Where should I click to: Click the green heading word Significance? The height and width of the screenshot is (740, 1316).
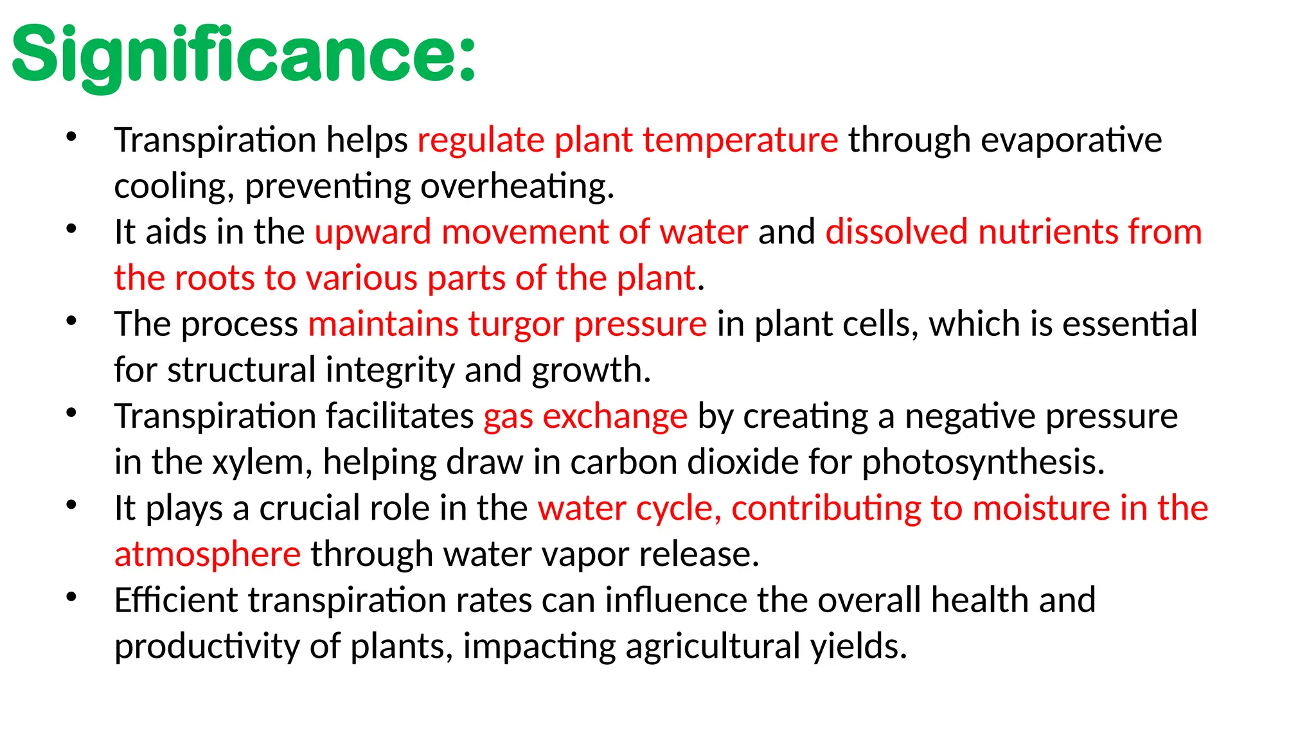pyautogui.click(x=244, y=57)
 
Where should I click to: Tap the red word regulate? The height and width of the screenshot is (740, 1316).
pyautogui.click(x=481, y=141)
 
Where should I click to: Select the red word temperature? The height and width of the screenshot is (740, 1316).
pyautogui.click(x=740, y=141)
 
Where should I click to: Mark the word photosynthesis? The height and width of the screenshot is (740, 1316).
pyautogui.click(x=983, y=463)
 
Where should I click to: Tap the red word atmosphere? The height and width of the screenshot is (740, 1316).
pyautogui.click(x=207, y=554)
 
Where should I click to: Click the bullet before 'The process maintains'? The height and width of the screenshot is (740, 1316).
pyautogui.click(x=71, y=321)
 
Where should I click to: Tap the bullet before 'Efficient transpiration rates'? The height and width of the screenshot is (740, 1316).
pyautogui.click(x=71, y=597)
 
